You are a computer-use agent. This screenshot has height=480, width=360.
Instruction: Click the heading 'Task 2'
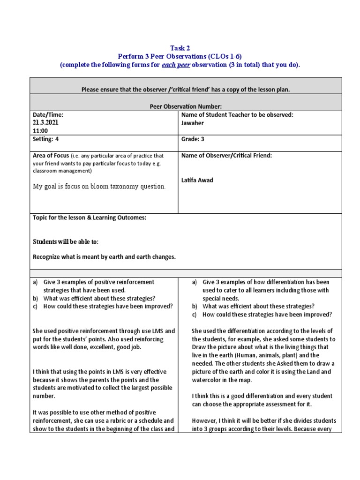[180, 48]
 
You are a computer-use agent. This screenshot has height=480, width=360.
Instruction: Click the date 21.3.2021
[46, 122]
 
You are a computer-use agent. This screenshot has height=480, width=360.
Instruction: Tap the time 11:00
[40, 131]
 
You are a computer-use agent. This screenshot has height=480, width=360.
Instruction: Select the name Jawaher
[193, 123]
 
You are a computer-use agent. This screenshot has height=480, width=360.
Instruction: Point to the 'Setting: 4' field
[46, 139]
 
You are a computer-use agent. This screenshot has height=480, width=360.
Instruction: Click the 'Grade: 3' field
[193, 139]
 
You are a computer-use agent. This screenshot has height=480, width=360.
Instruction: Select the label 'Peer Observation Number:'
[186, 106]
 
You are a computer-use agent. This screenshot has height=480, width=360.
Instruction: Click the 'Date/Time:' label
[48, 114]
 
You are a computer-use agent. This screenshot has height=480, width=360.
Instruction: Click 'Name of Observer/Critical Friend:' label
[226, 155]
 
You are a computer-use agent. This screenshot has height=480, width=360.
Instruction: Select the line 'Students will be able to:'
[66, 241]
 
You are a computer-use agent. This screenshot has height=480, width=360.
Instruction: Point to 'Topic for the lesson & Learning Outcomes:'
[90, 218]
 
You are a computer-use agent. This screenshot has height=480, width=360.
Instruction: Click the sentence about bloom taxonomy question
[99, 187]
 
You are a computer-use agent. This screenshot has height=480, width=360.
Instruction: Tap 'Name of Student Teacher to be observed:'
[237, 114]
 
